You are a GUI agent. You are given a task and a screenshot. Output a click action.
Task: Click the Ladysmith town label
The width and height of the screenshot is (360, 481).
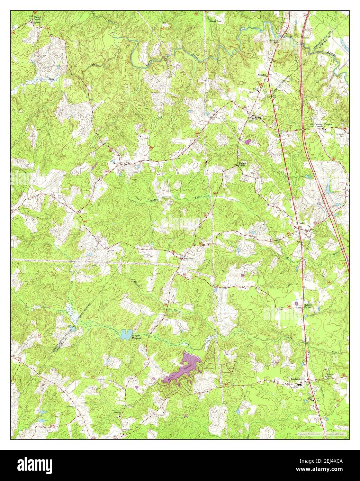click(x=297, y=379)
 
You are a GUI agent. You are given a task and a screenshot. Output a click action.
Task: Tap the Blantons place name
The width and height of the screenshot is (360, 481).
click(x=188, y=258)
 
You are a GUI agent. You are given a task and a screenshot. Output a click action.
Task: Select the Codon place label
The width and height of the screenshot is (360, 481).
click(x=302, y=224)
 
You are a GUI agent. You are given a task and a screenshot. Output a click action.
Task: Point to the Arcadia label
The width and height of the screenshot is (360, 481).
click(x=261, y=74)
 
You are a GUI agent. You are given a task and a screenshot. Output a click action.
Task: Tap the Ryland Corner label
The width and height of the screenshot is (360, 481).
click(x=308, y=306)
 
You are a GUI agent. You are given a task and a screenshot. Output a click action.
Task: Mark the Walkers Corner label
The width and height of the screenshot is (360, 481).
click(x=241, y=164)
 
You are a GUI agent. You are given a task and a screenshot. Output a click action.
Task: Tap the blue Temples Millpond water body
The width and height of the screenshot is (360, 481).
click(x=126, y=334)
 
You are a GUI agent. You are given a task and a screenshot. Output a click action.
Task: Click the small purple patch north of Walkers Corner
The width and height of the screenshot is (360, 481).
click(x=247, y=142)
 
